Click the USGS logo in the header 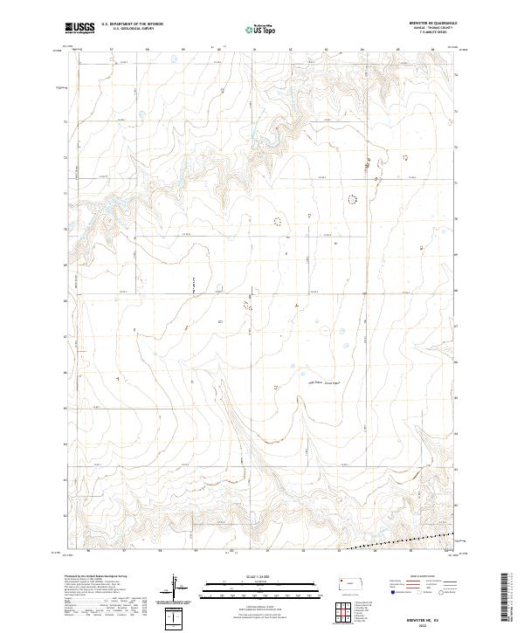[79, 28]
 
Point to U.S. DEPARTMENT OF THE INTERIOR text [132, 24]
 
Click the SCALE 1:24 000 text [259, 575]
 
